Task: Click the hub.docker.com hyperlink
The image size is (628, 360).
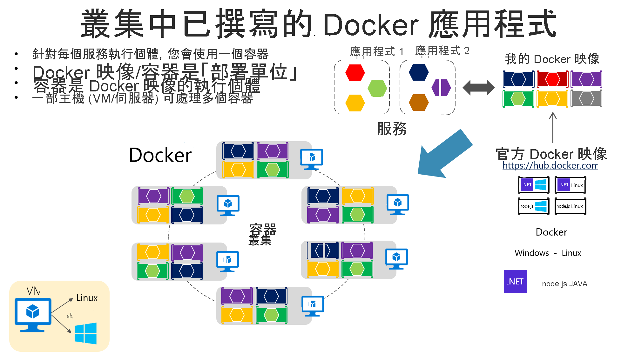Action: click(550, 166)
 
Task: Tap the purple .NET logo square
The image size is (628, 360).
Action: click(515, 281)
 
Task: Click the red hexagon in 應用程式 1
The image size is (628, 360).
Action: click(355, 73)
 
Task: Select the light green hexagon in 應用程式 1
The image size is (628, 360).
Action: click(377, 88)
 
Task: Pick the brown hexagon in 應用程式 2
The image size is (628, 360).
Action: click(419, 103)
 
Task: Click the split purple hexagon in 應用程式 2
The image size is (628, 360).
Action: click(441, 88)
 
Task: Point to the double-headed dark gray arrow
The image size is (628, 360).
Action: click(478, 88)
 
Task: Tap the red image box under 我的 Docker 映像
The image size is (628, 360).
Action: click(552, 79)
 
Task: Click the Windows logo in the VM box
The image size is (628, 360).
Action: click(85, 333)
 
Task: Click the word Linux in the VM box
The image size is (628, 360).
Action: click(87, 298)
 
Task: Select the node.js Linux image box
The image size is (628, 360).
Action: click(570, 206)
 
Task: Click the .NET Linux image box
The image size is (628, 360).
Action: click(570, 185)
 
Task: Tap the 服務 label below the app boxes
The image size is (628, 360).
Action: click(392, 129)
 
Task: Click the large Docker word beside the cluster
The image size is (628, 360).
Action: click(160, 155)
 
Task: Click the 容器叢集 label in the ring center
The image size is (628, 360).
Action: click(262, 234)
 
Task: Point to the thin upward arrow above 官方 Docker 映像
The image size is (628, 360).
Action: click(553, 127)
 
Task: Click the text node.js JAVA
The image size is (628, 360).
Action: click(564, 284)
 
